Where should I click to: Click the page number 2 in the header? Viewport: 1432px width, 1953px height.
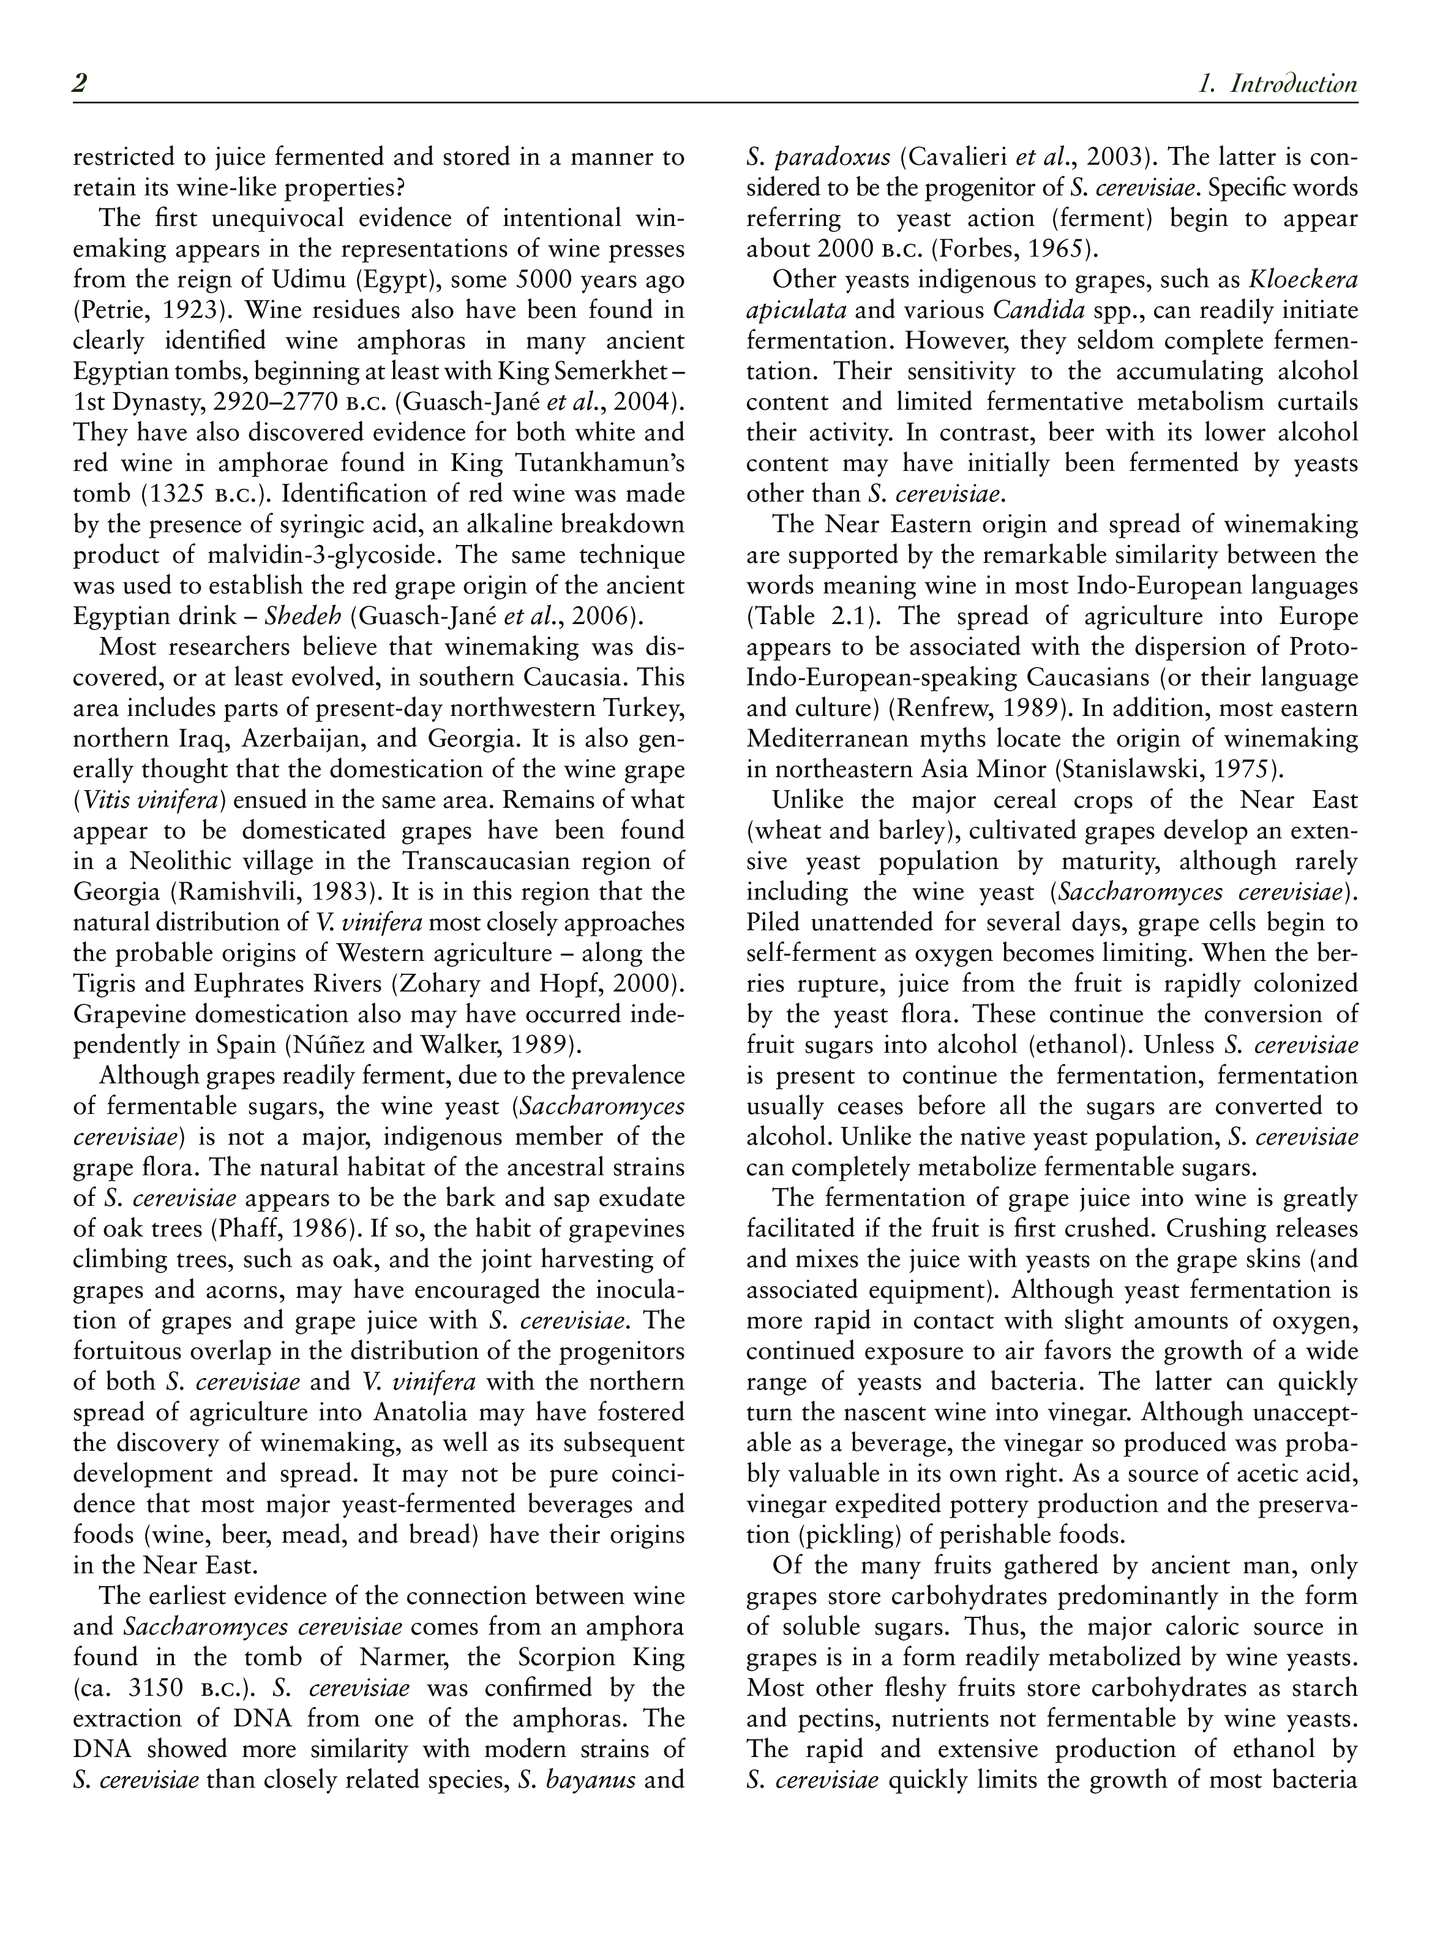80,84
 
